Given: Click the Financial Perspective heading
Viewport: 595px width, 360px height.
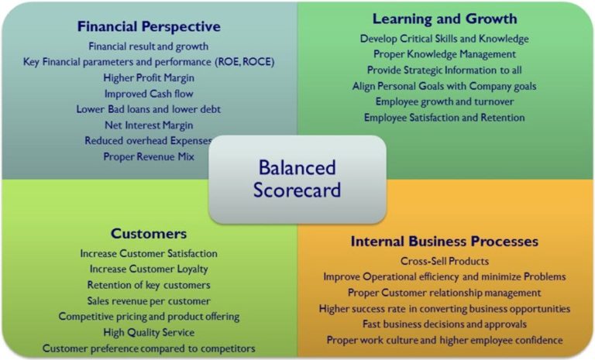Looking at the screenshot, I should click(x=149, y=26).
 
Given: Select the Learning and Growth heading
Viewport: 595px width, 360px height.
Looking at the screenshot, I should click(x=444, y=19).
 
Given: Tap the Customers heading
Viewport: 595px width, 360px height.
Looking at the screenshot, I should click(x=149, y=233).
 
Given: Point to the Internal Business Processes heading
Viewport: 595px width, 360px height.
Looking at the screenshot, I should click(x=444, y=241).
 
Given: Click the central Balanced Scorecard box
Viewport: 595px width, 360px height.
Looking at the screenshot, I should click(x=297, y=178).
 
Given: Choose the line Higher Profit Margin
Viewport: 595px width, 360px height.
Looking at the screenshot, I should click(x=149, y=77).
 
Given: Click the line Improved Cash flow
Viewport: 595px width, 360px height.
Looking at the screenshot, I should click(x=149, y=94).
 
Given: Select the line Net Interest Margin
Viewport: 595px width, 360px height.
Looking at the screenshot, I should click(x=149, y=125).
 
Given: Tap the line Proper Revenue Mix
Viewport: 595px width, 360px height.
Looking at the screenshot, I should click(x=149, y=156).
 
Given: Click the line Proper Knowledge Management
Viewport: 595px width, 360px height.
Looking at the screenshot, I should click(x=444, y=54).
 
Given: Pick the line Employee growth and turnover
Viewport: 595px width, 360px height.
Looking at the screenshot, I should click(x=444, y=101).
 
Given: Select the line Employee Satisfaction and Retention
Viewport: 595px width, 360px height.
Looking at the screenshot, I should click(x=444, y=118).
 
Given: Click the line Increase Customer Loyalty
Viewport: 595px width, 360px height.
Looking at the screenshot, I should click(x=149, y=269).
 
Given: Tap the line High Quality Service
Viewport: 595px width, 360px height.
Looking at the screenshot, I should click(x=149, y=332).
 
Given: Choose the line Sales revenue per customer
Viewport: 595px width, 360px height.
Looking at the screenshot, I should click(x=149, y=300).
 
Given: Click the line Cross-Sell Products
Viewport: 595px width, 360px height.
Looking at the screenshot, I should click(x=444, y=261).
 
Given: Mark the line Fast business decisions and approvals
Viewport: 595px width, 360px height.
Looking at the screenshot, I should click(x=444, y=324).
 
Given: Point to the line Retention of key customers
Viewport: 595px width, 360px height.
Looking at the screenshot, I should click(x=149, y=285).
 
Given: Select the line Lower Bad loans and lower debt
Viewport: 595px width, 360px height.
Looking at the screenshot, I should click(x=149, y=109).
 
